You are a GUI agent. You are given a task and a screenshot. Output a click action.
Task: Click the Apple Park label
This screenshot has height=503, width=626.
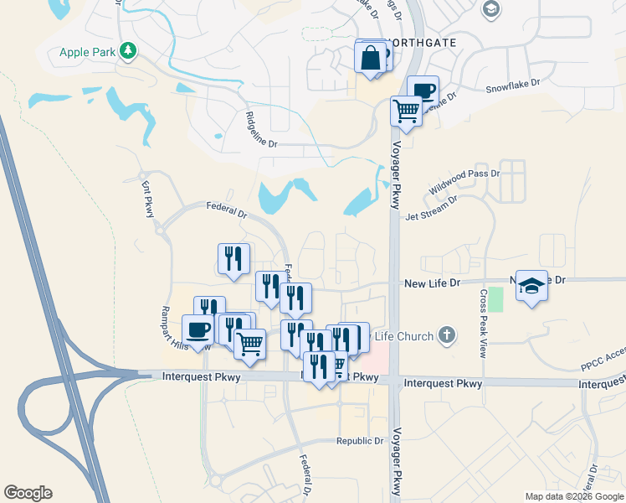point(87,52)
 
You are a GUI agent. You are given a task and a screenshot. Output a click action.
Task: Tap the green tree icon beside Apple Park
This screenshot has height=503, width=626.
point(127,52)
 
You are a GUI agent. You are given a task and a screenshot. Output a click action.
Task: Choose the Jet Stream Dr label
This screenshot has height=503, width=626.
point(432,209)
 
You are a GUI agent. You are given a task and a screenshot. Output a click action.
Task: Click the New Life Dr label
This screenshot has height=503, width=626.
point(433,283)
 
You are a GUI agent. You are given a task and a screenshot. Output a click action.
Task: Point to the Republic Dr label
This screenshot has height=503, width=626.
point(360,441)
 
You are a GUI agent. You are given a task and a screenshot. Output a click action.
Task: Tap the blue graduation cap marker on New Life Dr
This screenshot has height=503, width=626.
point(531,285)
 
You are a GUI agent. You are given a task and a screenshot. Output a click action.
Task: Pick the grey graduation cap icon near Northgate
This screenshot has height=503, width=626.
point(491,10)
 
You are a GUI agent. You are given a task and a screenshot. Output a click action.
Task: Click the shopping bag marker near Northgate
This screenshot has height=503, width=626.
point(370,58)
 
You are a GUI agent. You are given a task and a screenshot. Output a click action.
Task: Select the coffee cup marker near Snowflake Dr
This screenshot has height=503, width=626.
point(423,90)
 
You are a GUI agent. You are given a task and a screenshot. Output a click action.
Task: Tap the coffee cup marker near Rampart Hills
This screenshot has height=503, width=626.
point(198,329)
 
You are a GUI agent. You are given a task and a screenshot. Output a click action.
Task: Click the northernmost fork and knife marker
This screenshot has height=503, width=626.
point(233,257)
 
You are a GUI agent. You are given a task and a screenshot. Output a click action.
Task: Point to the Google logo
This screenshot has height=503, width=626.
point(28,493)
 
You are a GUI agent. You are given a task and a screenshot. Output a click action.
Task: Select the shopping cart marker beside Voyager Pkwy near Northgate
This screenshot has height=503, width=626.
point(406,110)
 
